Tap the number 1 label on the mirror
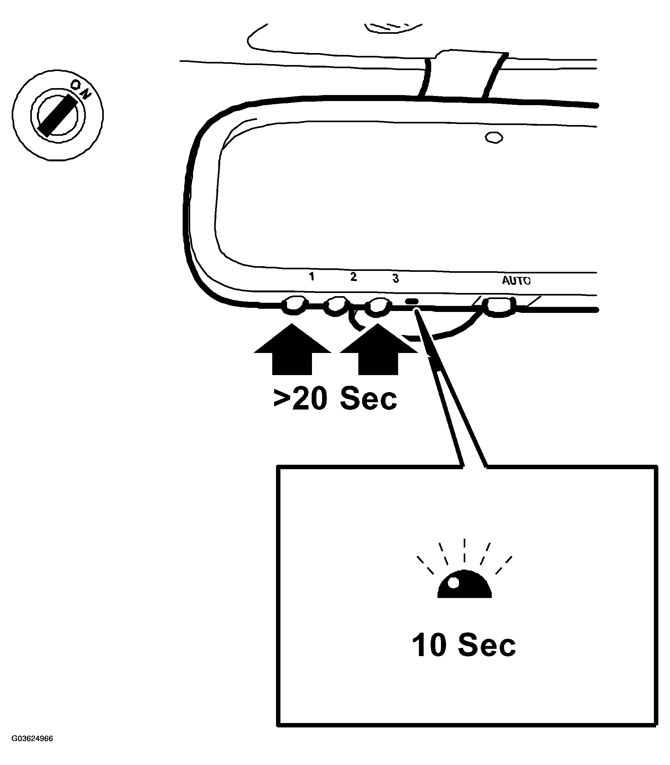pyautogui.click(x=311, y=277)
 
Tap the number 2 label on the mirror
pyautogui.click(x=353, y=277)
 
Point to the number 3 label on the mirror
pyautogui.click(x=396, y=278)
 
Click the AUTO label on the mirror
pyautogui.click(x=516, y=281)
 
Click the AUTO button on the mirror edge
pyautogui.click(x=499, y=306)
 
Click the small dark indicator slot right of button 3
pyautogui.click(x=412, y=301)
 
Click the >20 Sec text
pyautogui.click(x=335, y=399)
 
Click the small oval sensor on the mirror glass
pyautogui.click(x=494, y=137)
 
